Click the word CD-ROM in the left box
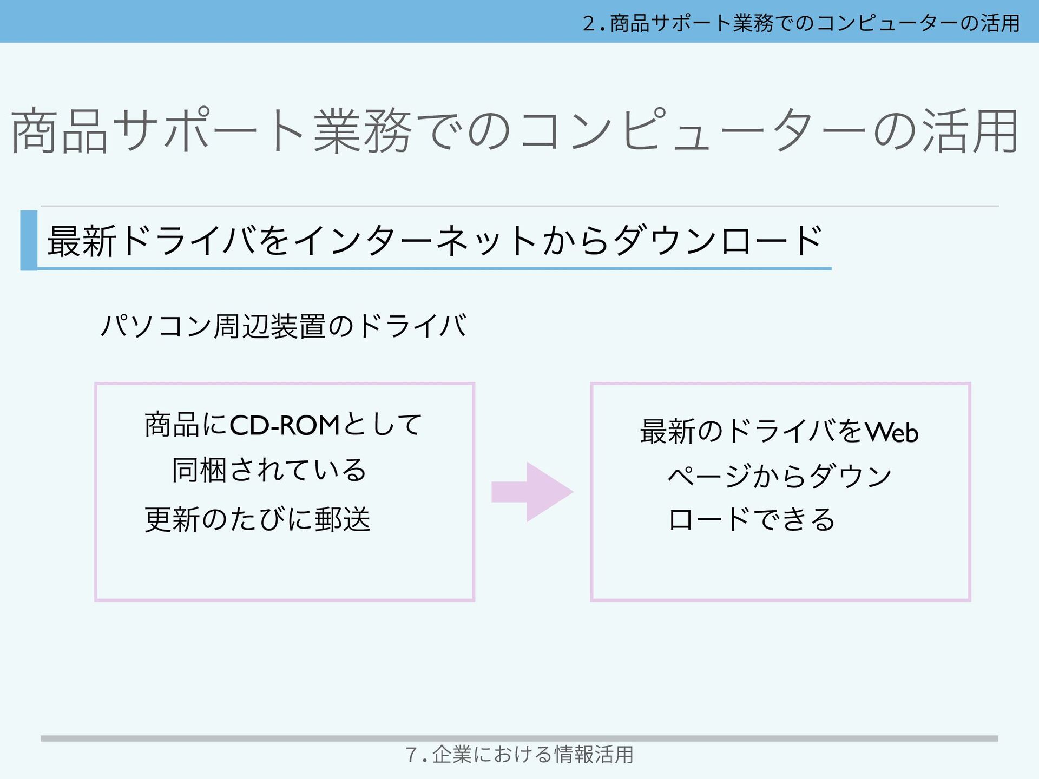pyautogui.click(x=285, y=426)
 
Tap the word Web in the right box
pyautogui.click(x=892, y=432)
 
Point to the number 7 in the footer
pyautogui.click(x=411, y=754)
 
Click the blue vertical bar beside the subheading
pyautogui.click(x=29, y=240)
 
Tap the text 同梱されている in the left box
pyautogui.click(x=269, y=470)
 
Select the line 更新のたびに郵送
pyautogui.click(x=258, y=520)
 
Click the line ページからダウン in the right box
pyautogui.click(x=779, y=476)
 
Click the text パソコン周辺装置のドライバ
pyautogui.click(x=284, y=326)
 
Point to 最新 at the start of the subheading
pyautogui.click(x=82, y=241)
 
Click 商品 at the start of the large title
pyautogui.click(x=60, y=131)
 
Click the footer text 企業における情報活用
pyautogui.click(x=532, y=754)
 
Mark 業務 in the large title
pyautogui.click(x=363, y=131)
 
